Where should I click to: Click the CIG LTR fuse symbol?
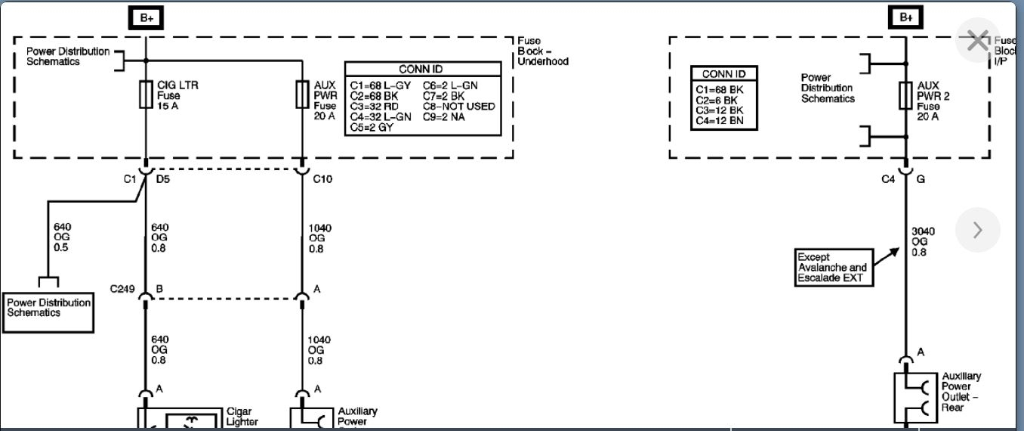tap(146, 96)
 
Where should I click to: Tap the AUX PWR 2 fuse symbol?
tap(905, 96)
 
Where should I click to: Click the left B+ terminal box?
tap(146, 17)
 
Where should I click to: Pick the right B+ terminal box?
tap(905, 17)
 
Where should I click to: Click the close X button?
tap(977, 41)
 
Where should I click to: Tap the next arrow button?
tap(977, 230)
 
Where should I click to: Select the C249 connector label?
tap(122, 289)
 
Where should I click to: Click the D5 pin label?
tap(163, 179)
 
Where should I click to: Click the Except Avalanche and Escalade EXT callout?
tap(832, 268)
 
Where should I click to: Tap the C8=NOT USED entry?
tap(459, 107)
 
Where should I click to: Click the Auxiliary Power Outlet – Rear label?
tap(961, 392)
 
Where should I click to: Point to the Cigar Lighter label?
tap(242, 417)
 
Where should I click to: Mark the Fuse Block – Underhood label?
tap(542, 51)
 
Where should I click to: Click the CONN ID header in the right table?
tap(723, 74)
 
